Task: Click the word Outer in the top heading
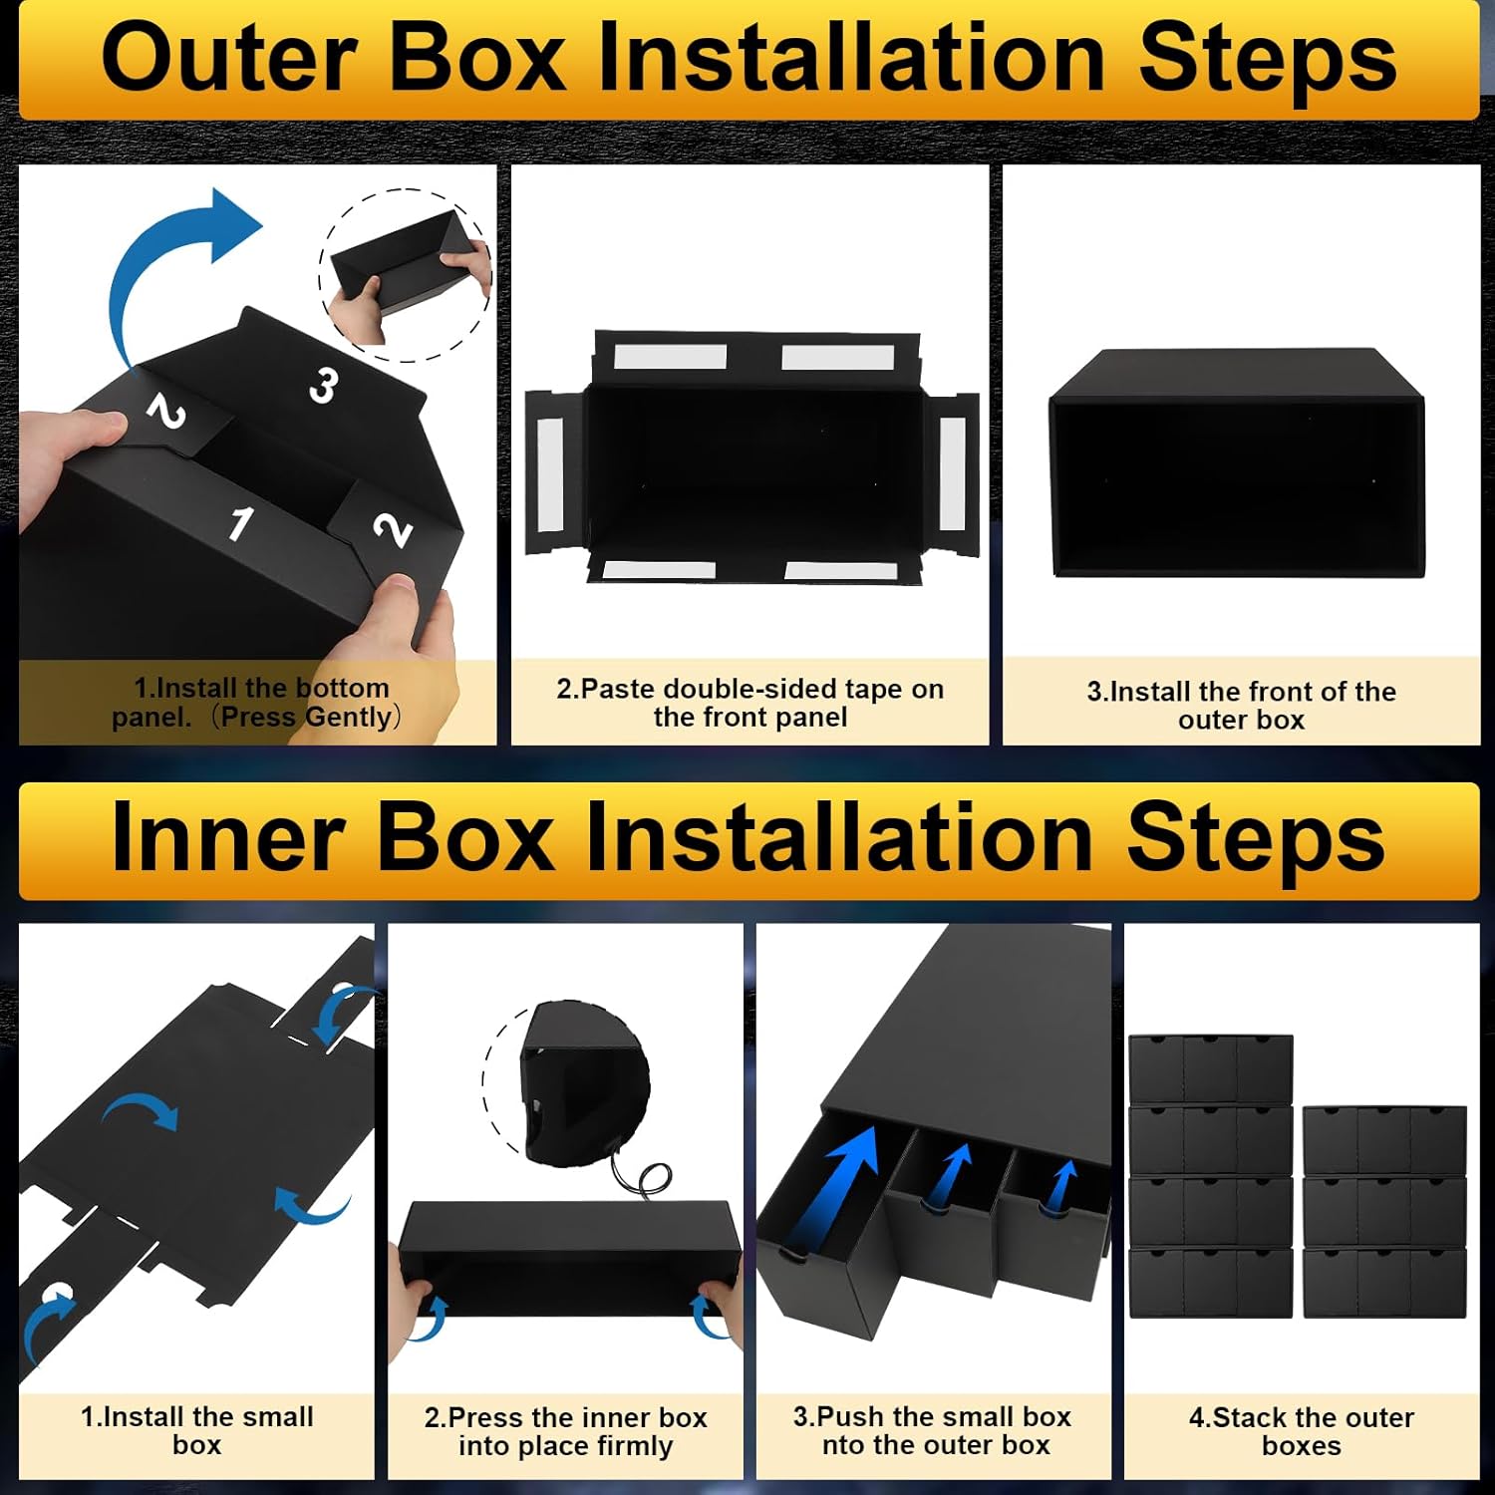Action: [228, 59]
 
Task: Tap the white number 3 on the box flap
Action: [322, 385]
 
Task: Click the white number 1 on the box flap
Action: [240, 522]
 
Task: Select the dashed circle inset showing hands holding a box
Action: [405, 275]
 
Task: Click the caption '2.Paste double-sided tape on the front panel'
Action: [749, 703]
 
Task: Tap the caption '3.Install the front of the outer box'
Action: [1241, 706]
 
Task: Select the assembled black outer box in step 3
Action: [1237, 463]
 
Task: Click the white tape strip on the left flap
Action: [551, 473]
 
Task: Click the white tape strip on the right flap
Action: [952, 473]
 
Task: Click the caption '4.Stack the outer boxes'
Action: [1301, 1431]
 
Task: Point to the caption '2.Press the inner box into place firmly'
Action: [565, 1431]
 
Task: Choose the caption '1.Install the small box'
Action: [196, 1430]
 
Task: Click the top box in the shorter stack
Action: [1384, 1140]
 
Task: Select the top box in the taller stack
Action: [1211, 1069]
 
